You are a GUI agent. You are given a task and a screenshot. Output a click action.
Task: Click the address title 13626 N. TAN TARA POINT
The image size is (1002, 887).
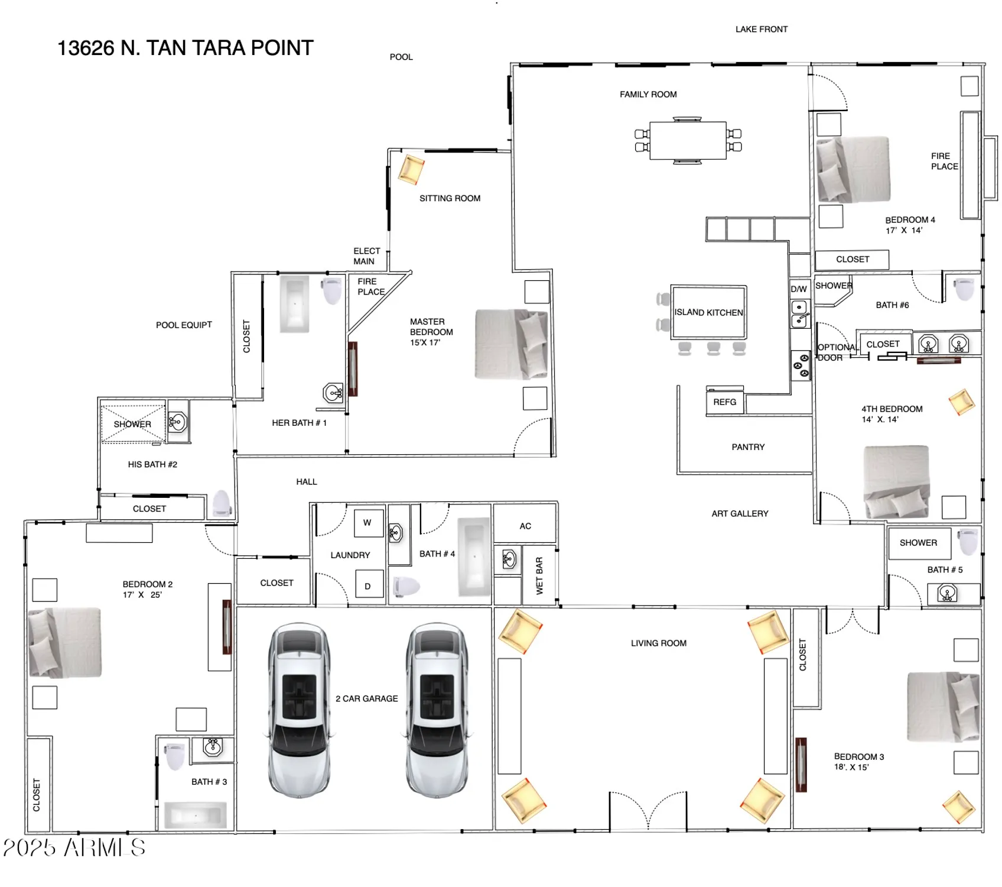click(x=185, y=48)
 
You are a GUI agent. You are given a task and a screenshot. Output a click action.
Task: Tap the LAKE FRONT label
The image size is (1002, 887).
click(x=761, y=29)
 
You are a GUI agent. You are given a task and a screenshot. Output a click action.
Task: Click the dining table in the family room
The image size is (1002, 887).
click(x=687, y=140)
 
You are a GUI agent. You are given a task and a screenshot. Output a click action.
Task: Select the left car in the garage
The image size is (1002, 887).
click(x=299, y=710)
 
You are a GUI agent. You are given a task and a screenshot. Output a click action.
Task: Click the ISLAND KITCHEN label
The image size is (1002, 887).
click(x=708, y=312)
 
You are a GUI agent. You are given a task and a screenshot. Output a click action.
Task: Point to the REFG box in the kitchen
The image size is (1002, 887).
click(x=724, y=402)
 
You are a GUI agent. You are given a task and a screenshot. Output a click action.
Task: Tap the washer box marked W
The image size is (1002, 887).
click(x=368, y=523)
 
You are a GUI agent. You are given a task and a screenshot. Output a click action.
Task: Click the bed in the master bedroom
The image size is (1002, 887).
click(x=511, y=344)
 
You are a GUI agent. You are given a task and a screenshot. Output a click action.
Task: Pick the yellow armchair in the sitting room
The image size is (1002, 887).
click(x=411, y=169)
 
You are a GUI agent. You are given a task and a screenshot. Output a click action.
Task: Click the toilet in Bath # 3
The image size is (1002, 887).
click(x=174, y=756)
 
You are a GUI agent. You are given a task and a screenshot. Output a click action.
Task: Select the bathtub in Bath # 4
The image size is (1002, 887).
click(x=474, y=557)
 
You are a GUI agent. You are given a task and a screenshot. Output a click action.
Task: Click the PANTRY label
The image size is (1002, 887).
click(x=748, y=447)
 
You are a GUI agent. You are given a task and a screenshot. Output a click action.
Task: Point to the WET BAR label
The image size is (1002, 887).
click(x=539, y=575)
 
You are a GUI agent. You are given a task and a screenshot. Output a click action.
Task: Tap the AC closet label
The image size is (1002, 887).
click(x=525, y=526)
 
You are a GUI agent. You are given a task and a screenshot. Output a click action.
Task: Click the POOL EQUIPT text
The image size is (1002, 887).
click(x=184, y=325)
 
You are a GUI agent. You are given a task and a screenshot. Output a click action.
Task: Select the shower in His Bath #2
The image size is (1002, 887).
click(x=132, y=423)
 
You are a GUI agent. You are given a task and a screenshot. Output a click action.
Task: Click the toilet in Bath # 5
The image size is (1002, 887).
click(x=968, y=541)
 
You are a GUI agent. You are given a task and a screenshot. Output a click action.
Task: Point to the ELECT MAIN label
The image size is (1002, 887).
click(x=366, y=256)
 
